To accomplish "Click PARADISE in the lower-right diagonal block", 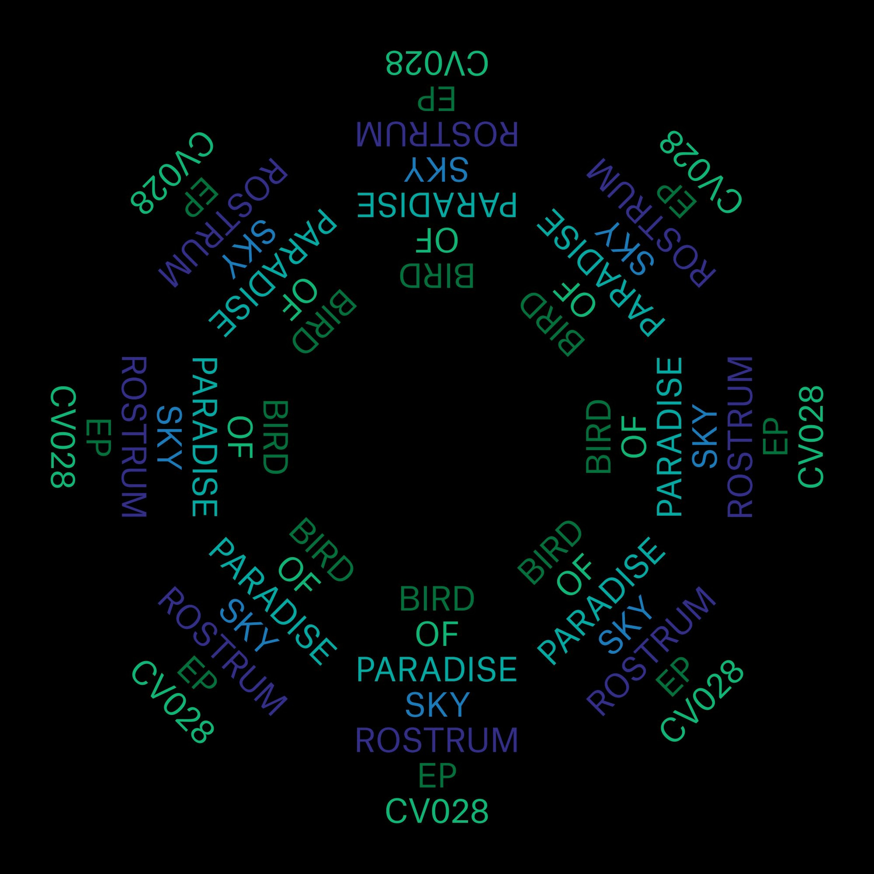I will click(602, 602).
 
